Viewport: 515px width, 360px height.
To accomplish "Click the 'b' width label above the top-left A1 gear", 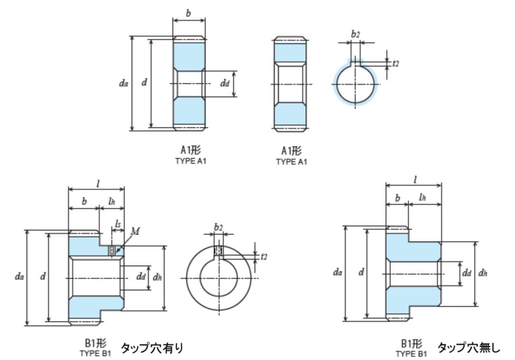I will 189,13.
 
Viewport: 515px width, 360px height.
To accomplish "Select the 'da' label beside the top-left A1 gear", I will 123,83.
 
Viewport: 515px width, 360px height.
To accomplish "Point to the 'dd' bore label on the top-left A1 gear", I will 225,84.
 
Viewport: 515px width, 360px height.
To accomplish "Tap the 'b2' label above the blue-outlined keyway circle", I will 355,34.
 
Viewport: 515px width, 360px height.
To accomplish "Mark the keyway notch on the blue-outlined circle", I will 355,63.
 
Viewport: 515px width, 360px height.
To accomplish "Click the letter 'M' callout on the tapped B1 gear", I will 135,231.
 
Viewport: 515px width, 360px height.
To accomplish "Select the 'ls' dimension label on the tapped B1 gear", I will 118,224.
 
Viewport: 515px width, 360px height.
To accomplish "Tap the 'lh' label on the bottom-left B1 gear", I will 113,202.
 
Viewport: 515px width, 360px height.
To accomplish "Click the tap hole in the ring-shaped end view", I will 218,251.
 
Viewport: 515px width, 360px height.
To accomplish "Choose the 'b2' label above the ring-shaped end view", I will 218,226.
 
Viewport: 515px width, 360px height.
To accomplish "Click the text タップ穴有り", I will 152,348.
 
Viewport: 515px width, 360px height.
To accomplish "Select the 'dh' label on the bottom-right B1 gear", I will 482,273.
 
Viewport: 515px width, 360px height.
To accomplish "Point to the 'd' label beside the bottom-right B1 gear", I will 361,273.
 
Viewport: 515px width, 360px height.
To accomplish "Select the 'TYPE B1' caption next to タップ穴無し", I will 411,353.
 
